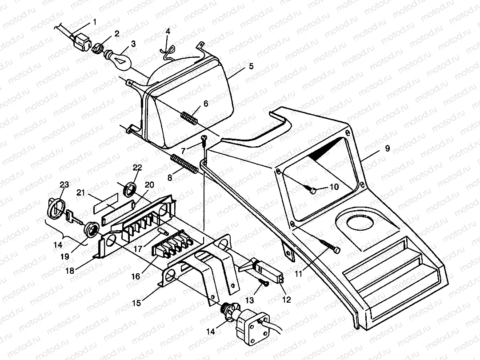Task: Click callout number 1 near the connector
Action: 94,21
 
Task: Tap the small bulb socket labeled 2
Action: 98,46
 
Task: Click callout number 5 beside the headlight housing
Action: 251,66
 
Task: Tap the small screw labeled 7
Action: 204,141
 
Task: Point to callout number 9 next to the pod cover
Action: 387,148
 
